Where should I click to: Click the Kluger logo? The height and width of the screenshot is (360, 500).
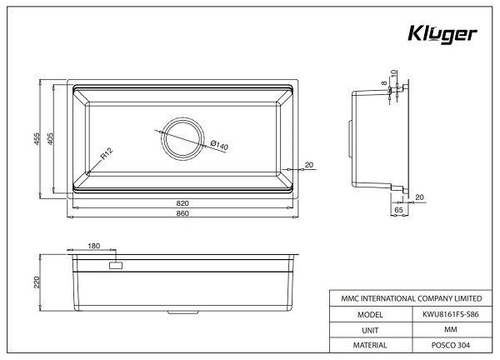coord(442,35)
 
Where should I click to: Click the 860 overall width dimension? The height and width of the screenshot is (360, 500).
coord(182,213)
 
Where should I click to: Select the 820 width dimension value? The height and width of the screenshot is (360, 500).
coord(182,202)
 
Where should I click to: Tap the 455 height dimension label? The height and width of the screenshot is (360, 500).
coord(37,139)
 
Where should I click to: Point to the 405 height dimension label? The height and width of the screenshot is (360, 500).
coord(50,139)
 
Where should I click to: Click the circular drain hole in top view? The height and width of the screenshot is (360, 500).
coord(182,136)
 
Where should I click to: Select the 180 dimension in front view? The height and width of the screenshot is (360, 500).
coord(93,247)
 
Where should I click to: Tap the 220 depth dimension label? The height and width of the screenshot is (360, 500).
coord(37,282)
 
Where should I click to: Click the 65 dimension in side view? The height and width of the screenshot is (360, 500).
coord(399,212)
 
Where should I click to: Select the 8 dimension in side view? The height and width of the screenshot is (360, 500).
coord(384,84)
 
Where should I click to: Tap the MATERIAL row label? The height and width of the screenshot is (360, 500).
coord(368,345)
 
